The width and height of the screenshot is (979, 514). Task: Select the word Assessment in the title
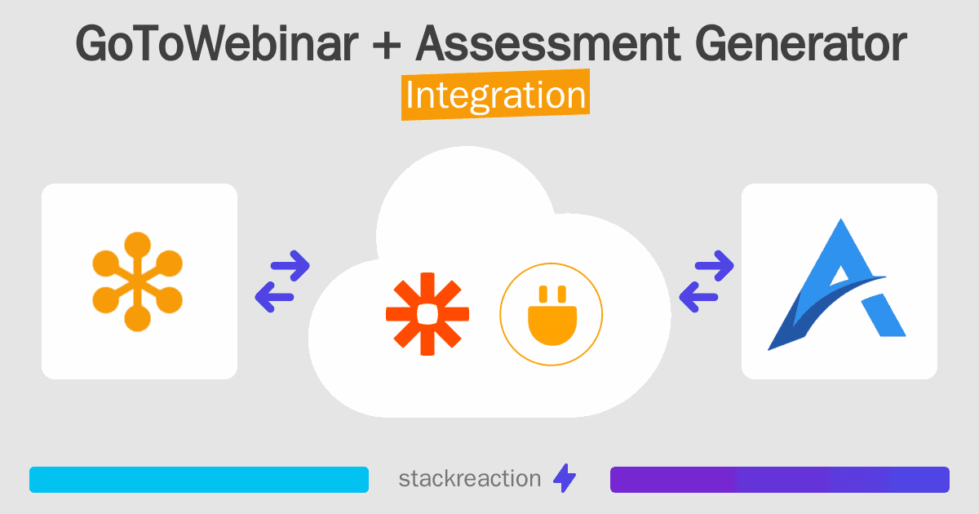pos(548,44)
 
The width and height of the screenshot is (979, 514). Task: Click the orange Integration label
pos(495,96)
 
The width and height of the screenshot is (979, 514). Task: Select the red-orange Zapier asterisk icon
pos(427,314)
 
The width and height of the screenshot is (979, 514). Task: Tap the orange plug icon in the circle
pos(551,315)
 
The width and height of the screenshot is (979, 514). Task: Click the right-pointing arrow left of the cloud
pos(290,264)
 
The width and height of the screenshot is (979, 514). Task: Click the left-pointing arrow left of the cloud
pos(273,297)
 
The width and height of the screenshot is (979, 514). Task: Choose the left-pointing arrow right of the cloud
pos(698,297)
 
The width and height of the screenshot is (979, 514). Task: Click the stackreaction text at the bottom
pos(469,479)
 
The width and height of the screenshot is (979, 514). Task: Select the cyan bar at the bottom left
pos(199,480)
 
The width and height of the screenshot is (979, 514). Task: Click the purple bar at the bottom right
pos(779,480)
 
